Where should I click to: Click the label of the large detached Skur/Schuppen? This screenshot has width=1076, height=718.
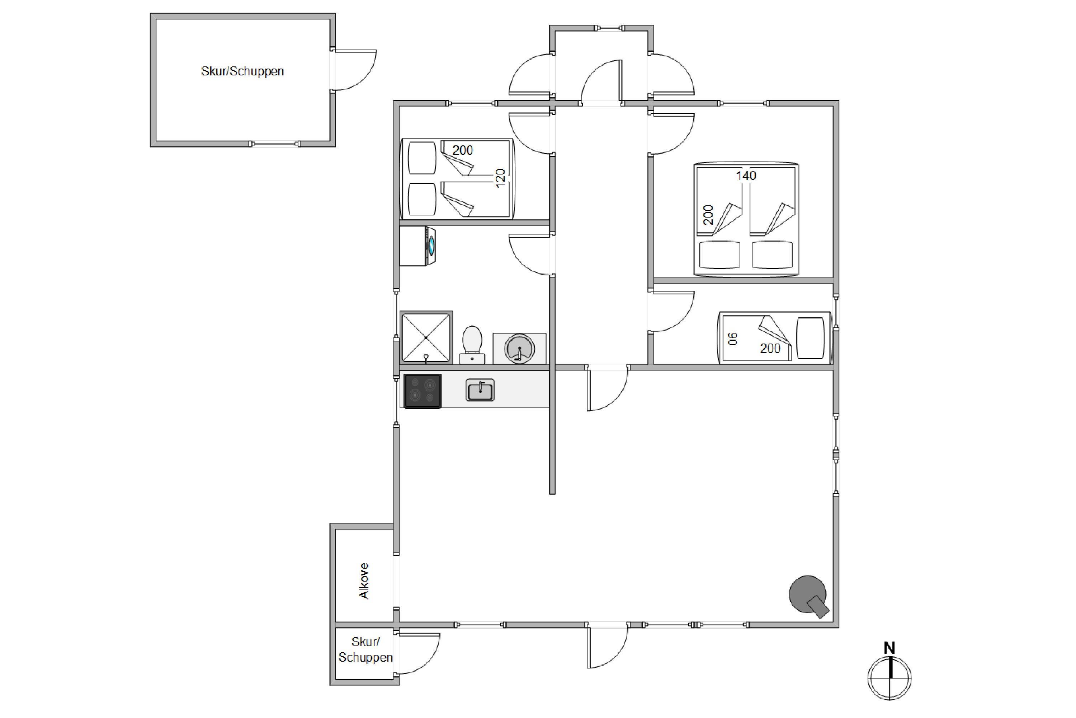(242, 71)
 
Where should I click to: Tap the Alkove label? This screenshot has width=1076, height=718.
(364, 581)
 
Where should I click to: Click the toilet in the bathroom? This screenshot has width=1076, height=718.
(472, 345)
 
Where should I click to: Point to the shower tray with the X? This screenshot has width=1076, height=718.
(426, 337)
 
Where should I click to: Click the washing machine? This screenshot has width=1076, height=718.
(417, 246)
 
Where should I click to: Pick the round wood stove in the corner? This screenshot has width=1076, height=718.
(808, 595)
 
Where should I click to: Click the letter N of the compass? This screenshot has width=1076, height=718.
(889, 648)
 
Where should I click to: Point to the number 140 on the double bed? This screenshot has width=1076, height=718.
(746, 176)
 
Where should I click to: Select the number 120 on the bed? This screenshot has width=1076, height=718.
(500, 178)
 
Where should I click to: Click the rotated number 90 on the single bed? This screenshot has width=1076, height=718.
(733, 339)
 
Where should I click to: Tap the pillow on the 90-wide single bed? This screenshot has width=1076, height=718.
(810, 338)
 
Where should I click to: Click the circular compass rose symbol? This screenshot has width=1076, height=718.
(889, 678)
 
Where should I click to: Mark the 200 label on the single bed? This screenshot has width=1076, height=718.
(770, 349)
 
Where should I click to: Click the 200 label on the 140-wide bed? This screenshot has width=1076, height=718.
(708, 215)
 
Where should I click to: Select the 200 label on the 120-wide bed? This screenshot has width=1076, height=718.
(463, 150)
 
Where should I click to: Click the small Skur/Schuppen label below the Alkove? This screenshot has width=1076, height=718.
(365, 650)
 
